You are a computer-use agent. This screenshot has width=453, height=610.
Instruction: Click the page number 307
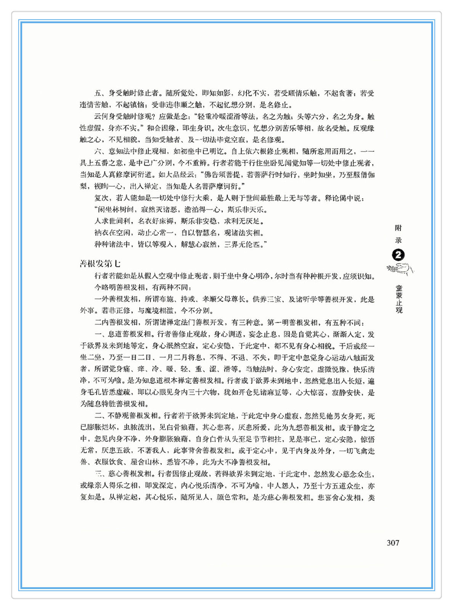[x=393, y=543]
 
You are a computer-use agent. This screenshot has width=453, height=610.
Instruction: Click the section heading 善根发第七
[x=100, y=264]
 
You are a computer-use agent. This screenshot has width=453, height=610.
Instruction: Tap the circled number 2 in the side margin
[x=398, y=255]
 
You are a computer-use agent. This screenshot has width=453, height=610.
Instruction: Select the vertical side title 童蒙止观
[x=399, y=299]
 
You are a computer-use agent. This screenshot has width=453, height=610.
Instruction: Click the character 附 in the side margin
[x=398, y=228]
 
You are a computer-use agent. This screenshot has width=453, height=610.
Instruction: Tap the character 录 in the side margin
[x=398, y=240]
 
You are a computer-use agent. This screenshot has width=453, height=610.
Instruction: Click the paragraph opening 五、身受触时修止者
[x=126, y=93]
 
